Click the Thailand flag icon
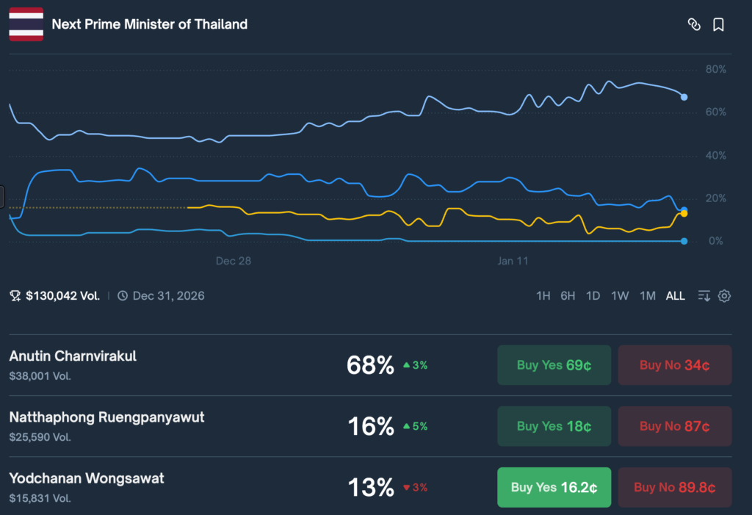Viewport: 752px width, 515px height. (26, 24)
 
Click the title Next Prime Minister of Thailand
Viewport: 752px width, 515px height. (149, 24)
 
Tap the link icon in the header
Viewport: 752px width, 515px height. (693, 24)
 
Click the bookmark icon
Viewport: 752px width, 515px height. (718, 24)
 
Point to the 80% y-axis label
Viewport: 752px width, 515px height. (715, 69)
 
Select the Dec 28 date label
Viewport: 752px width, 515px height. (234, 261)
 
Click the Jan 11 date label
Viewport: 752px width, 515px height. (513, 261)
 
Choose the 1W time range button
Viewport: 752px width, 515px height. (620, 296)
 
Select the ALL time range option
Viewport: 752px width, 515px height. (675, 296)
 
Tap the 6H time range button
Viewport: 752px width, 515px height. (568, 296)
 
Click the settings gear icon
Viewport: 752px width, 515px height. (724, 296)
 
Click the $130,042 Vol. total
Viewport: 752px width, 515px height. (62, 296)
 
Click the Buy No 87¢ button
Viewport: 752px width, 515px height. (674, 426)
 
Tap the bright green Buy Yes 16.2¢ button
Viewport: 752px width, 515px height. (554, 487)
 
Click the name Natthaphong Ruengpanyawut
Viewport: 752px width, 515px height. (106, 417)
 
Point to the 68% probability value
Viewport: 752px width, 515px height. (370, 365)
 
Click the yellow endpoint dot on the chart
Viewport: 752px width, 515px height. (684, 213)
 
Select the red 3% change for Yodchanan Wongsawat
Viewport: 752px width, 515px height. (416, 487)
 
